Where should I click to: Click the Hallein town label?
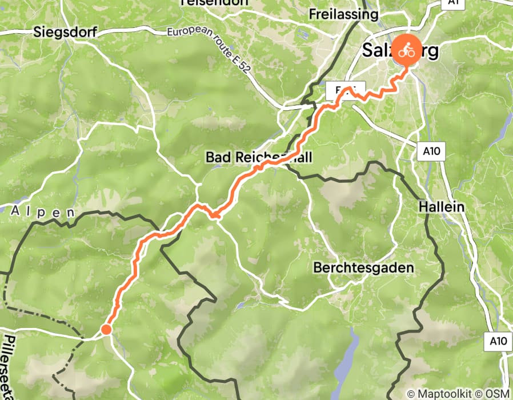[x=441, y=206]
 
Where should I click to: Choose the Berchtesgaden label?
[x=363, y=267]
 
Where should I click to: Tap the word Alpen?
[x=43, y=211]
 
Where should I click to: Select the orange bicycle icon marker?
[x=406, y=50]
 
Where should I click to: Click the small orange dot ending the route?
[x=106, y=329]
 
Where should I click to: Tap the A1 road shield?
[x=453, y=3]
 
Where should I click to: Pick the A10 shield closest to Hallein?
[x=432, y=151]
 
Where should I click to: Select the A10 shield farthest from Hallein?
[x=498, y=341]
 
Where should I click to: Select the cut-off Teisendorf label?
[x=214, y=2]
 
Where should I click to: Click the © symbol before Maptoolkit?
[x=410, y=394]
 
